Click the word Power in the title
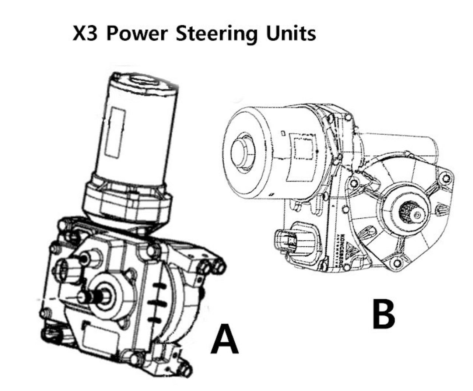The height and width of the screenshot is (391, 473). pyautogui.click(x=139, y=34)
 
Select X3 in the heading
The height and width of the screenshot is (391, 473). pyautogui.click(x=86, y=34)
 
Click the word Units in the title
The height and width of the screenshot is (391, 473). pyautogui.click(x=291, y=34)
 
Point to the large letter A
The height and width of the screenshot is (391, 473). pyautogui.click(x=224, y=338)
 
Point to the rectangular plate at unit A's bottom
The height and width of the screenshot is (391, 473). pyautogui.click(x=97, y=337)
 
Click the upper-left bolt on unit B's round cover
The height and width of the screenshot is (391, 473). pyautogui.click(x=355, y=183)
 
